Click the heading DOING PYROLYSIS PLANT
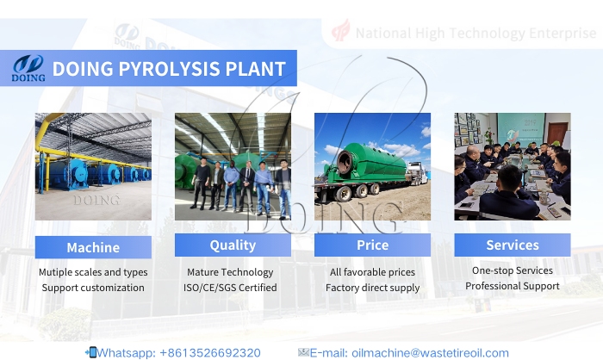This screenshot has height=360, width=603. (x=169, y=69)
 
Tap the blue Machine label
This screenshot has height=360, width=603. (x=93, y=247)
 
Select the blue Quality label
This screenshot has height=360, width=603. (x=233, y=245)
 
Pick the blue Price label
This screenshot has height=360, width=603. (x=372, y=245)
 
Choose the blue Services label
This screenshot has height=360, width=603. (x=512, y=245)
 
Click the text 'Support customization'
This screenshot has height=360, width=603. (x=93, y=288)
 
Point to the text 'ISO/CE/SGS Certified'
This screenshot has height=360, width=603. (x=233, y=288)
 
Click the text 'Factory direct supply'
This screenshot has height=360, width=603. (x=372, y=288)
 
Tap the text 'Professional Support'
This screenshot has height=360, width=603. (x=512, y=285)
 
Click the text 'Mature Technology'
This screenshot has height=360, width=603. (x=233, y=272)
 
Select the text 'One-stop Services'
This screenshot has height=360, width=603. (x=512, y=270)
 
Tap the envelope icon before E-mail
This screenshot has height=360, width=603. (x=303, y=352)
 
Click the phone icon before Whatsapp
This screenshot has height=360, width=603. (x=91, y=352)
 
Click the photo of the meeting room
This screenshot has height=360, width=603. (x=512, y=166)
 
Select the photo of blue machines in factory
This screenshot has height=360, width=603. (x=93, y=166)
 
